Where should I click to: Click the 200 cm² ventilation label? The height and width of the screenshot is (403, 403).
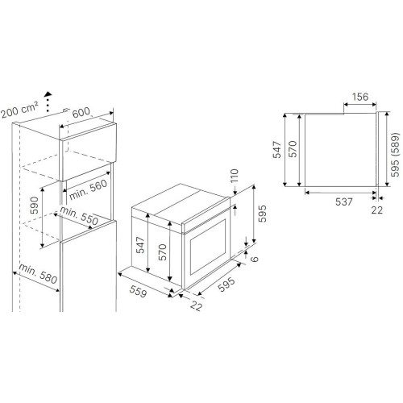[19, 110]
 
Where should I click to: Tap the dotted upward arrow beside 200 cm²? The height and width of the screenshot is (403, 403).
[48, 102]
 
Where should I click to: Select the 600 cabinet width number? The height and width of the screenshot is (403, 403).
[81, 113]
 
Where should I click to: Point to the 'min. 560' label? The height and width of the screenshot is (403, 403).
[89, 189]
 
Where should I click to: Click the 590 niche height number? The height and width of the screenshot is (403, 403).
[35, 206]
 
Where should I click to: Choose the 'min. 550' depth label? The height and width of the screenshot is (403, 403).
[79, 215]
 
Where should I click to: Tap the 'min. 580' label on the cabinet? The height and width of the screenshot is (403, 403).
[38, 274]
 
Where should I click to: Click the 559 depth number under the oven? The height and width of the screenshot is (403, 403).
[138, 291]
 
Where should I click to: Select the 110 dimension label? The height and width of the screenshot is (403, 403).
[235, 176]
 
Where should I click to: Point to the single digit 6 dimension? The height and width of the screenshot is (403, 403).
[254, 259]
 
